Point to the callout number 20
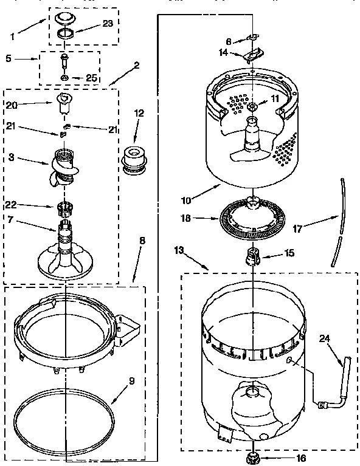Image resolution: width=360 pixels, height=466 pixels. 12,105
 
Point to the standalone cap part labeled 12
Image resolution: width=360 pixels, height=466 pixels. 136,158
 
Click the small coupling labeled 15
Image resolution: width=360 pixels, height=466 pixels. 252,256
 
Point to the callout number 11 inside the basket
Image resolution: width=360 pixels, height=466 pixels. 274,98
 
